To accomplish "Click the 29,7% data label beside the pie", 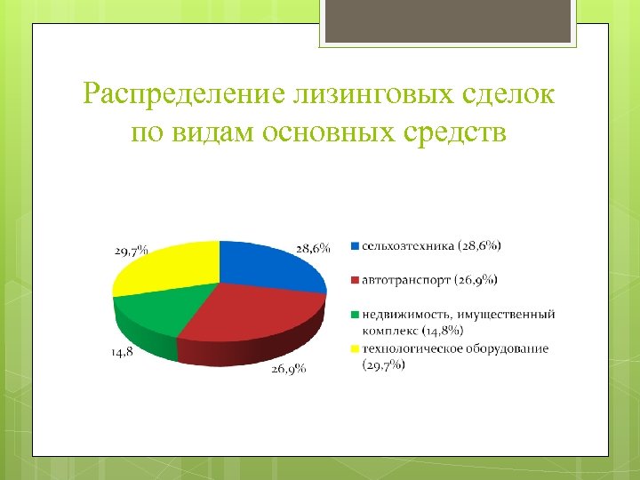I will [x=131, y=251].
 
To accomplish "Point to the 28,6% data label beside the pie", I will [x=313, y=247].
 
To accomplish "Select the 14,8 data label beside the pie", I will [x=123, y=352].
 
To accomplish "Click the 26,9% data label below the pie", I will [x=289, y=370].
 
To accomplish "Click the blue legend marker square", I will [x=356, y=245].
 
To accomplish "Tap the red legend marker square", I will [x=356, y=280].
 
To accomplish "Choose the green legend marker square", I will [x=356, y=315].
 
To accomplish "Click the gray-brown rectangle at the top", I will [x=449, y=22].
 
